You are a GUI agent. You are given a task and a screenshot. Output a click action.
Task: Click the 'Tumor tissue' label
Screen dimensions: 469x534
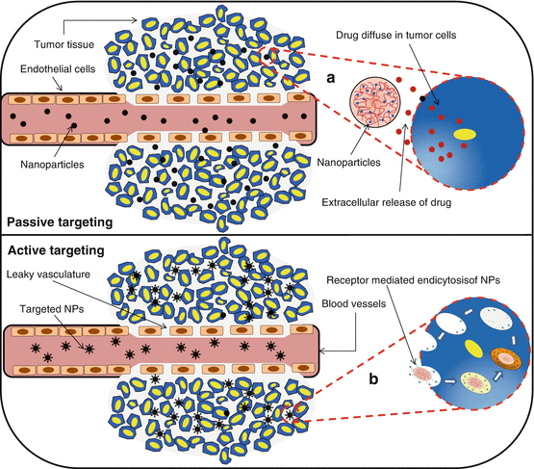click(63, 43)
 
